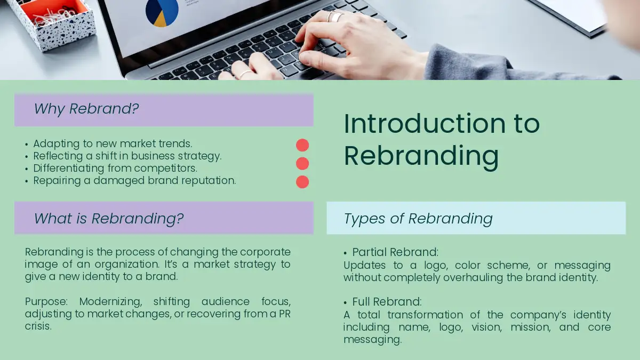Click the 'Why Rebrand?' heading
[86, 109]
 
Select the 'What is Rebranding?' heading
[109, 219]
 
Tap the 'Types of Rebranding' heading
[418, 219]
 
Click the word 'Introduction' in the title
[425, 123]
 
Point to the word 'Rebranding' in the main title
[421, 156]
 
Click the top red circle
[302, 145]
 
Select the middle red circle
[302, 163]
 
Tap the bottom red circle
[302, 182]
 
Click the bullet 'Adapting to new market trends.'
[113, 143]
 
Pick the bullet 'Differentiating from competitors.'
[115, 169]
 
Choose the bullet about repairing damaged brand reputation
[134, 181]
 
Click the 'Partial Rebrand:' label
[395, 252]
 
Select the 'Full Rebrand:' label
[387, 302]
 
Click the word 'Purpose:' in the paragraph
[46, 302]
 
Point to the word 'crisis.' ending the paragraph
[38, 326]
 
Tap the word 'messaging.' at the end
[373, 340]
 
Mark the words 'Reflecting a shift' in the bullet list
[75, 156]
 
